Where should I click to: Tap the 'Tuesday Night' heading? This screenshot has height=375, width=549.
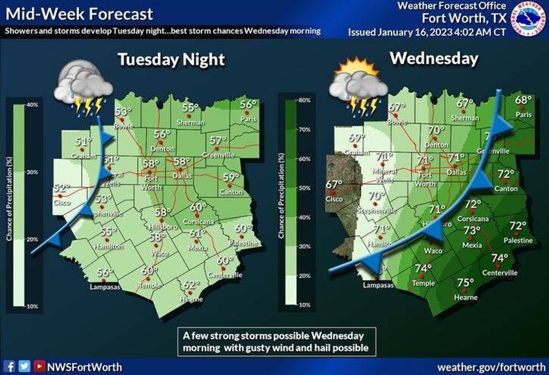point(171,60)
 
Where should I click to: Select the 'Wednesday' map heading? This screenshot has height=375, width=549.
point(434,58)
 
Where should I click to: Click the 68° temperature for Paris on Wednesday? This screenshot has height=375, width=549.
point(523,100)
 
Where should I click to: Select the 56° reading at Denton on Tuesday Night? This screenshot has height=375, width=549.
point(162,134)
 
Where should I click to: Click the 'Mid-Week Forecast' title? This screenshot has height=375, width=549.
point(80,13)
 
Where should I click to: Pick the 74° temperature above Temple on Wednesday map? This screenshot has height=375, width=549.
point(425,268)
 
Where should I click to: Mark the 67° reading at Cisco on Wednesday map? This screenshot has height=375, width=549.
point(334,184)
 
